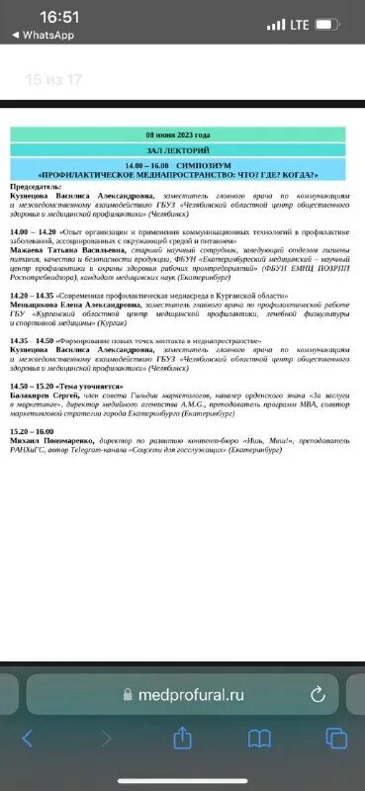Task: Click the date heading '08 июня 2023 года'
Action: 178,133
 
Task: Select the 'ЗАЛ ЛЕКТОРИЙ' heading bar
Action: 178,149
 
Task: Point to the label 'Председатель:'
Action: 34,186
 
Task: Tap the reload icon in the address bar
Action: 318,695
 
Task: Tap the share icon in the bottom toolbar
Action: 182,739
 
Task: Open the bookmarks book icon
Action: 259,739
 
